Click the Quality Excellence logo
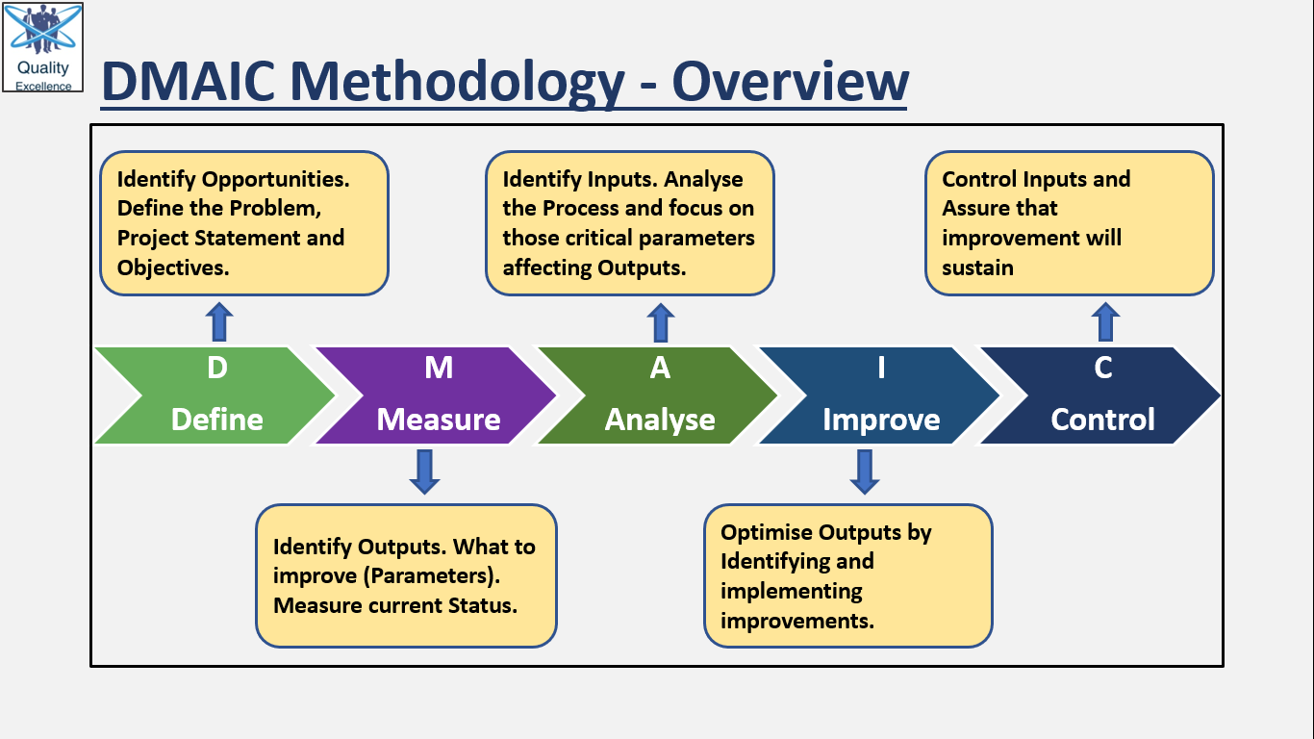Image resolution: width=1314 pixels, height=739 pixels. (x=43, y=47)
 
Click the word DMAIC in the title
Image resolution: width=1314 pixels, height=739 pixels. (x=189, y=82)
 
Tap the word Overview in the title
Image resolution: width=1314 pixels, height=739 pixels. (x=790, y=82)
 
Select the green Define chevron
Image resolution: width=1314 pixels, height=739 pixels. (x=215, y=395)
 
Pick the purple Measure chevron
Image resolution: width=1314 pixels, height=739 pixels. (x=436, y=395)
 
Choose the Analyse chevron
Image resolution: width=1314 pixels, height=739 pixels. (x=658, y=395)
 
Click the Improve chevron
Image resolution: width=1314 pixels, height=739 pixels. (x=879, y=395)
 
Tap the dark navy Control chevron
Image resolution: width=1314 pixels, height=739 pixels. (x=1100, y=395)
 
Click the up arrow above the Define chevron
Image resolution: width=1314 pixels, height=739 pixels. (x=219, y=321)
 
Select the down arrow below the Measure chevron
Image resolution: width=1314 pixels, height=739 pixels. (x=425, y=471)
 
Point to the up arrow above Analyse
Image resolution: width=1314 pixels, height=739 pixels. (x=661, y=322)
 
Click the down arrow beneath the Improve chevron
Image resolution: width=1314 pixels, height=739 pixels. (x=865, y=471)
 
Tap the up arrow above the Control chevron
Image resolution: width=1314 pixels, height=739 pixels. (x=1106, y=321)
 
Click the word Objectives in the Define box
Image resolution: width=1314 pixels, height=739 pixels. (x=173, y=268)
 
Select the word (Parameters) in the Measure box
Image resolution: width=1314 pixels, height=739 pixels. (x=432, y=576)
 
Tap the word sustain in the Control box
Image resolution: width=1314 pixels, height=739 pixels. (x=978, y=268)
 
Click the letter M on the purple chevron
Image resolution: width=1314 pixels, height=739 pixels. (x=439, y=368)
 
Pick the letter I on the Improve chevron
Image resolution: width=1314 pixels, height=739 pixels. (x=881, y=368)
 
